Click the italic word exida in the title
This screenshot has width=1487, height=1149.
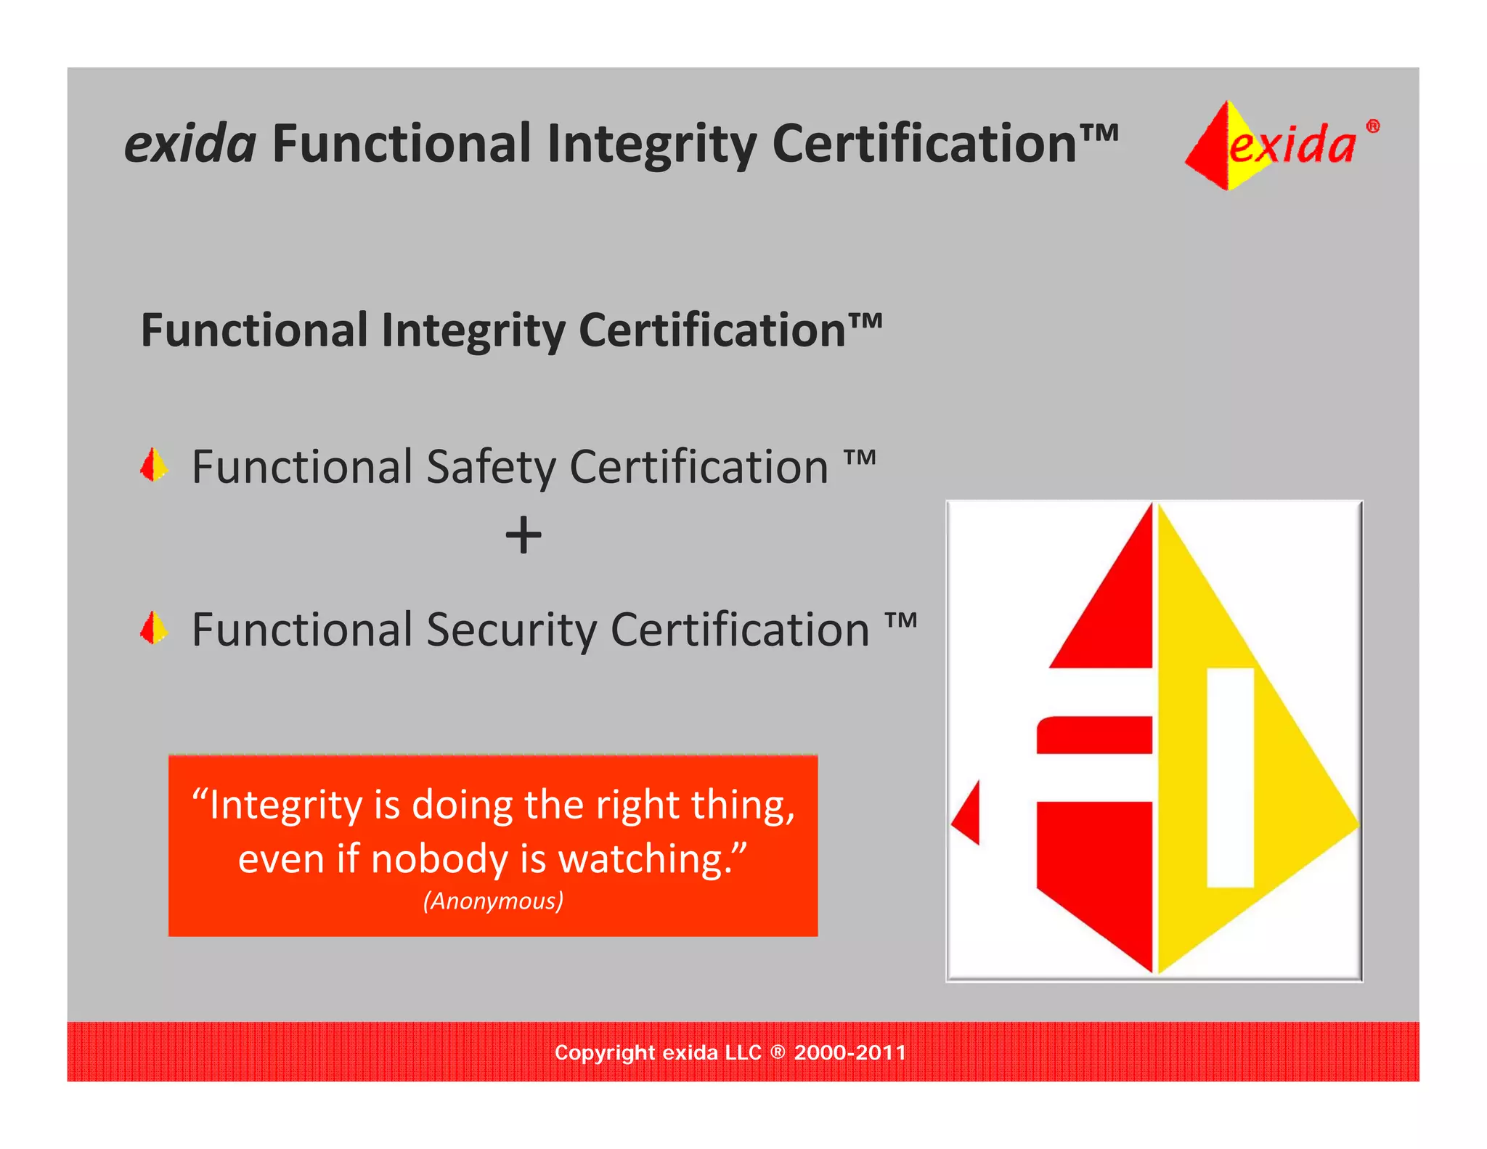(190, 144)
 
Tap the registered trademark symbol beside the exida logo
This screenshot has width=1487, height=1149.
(1372, 126)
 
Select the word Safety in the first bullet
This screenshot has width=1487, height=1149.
(490, 467)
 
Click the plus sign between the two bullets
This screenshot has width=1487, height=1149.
(523, 536)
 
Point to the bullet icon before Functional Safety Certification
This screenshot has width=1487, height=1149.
(153, 466)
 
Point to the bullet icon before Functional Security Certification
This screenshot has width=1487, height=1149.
(153, 628)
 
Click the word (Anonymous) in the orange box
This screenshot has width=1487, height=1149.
(493, 901)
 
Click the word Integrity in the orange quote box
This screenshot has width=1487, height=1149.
(285, 805)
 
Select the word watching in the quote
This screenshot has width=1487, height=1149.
(645, 859)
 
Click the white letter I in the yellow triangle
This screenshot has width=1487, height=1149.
(1230, 777)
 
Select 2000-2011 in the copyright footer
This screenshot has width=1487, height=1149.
(850, 1052)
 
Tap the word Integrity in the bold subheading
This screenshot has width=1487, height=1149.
(472, 330)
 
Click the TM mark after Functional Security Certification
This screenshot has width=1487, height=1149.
(901, 621)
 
